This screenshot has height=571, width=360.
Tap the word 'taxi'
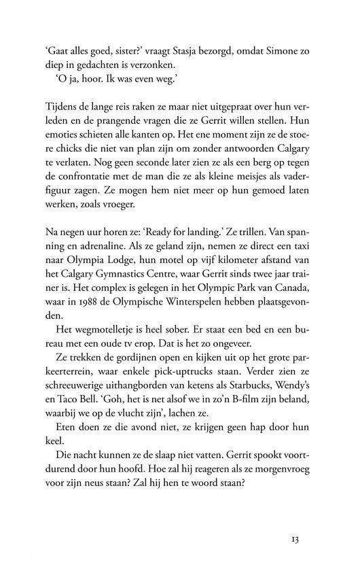pos(305,262)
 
